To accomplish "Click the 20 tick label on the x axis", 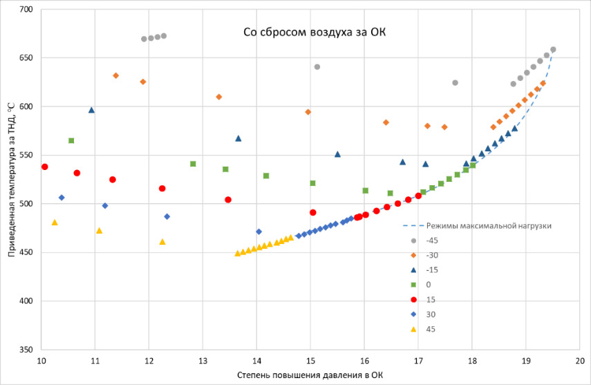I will pos(580,361).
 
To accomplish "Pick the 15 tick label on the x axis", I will pos(310,361).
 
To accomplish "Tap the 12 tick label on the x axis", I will pos(149,361).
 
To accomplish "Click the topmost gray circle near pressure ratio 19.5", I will pos(553,50).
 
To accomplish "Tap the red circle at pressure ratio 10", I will pos(45,167).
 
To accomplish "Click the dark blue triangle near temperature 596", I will pos(91,110).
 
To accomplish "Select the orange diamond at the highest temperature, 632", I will pos(115,76).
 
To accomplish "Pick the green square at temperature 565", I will pos(71,141).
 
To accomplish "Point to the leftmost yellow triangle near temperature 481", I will pos(55,223).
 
